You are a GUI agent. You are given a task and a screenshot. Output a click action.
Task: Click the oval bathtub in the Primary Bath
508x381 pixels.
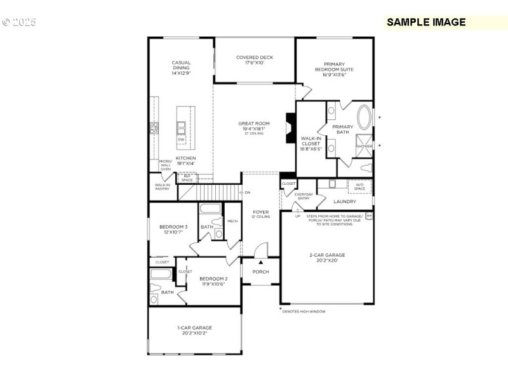(364, 118)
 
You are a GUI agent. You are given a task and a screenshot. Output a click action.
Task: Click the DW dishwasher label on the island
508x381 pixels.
(182, 140)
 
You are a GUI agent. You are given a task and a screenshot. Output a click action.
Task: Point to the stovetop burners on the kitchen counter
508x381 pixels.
(153, 128)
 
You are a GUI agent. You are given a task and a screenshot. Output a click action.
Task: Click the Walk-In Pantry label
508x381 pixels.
(163, 187)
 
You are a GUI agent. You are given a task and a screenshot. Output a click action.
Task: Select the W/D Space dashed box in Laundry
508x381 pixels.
(359, 187)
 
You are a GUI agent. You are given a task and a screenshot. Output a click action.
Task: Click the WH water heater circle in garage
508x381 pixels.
(369, 215)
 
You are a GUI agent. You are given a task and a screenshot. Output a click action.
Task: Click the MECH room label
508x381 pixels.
(232, 221)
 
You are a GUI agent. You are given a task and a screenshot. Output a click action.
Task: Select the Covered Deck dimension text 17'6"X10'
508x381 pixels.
(255, 63)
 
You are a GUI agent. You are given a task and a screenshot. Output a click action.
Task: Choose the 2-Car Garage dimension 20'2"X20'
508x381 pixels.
(327, 260)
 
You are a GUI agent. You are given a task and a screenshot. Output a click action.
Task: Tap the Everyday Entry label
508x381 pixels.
(302, 196)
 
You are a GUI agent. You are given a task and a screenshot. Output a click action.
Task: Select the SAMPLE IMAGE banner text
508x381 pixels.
(426, 22)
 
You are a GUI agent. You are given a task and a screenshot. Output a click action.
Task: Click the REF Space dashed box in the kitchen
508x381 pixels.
(187, 177)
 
